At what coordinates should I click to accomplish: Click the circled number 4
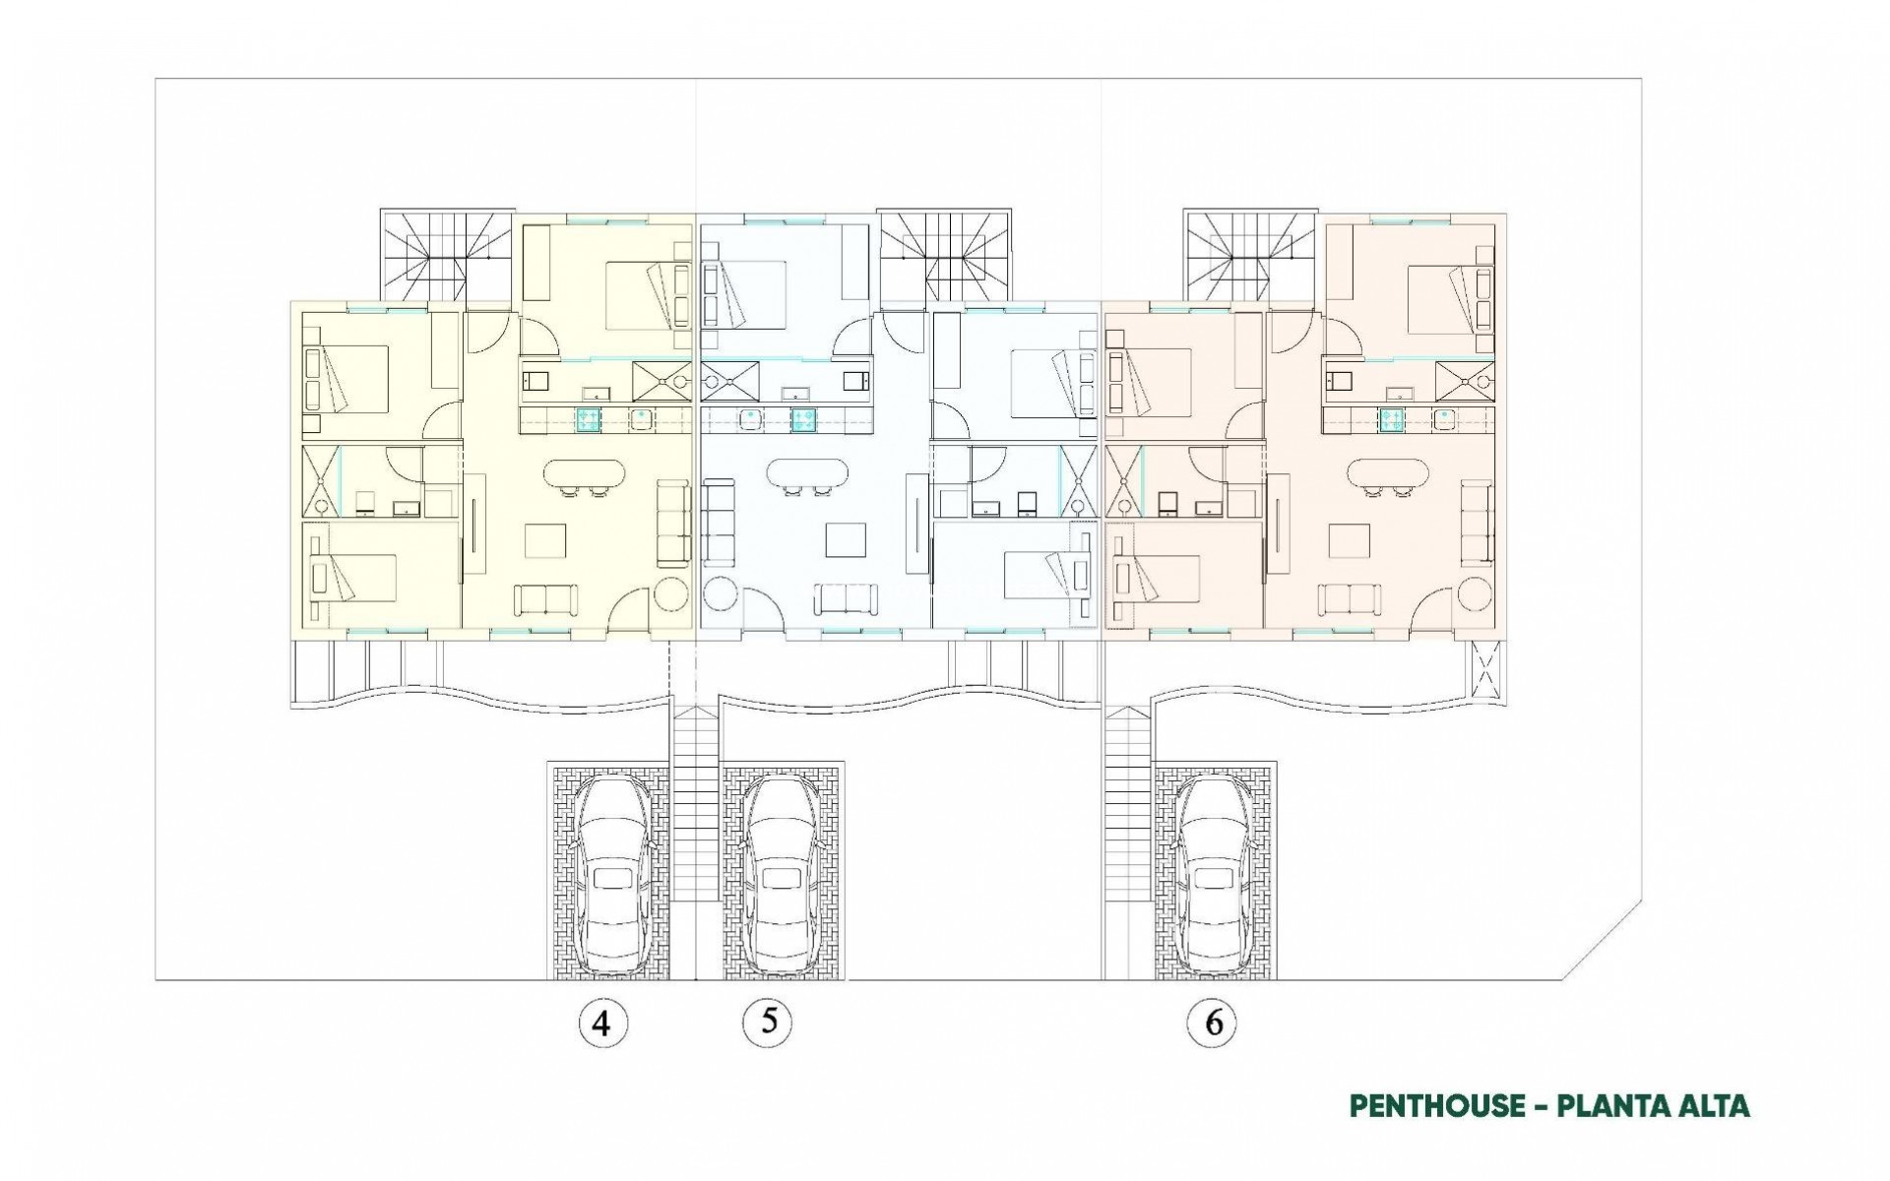tap(602, 1024)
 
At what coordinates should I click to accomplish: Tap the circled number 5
tap(769, 1022)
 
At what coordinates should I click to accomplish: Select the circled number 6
tap(1213, 1024)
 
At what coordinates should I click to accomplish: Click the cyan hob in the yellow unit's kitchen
tap(588, 420)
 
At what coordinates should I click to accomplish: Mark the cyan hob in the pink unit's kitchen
tap(1391, 420)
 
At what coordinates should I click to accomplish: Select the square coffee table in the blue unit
tap(846, 541)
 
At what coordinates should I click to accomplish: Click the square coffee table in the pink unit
tap(1349, 541)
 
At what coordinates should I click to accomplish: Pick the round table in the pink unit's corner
tap(1476, 596)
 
